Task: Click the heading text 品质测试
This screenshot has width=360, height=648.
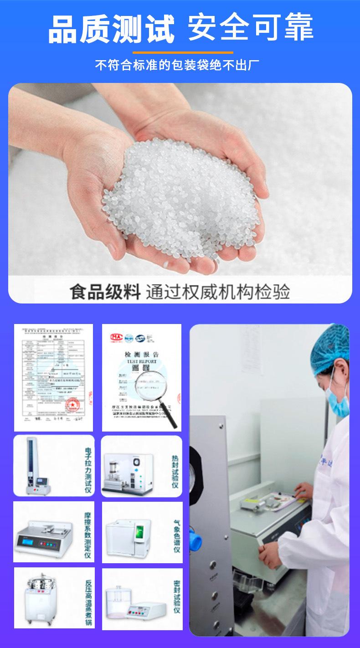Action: [x=111, y=28]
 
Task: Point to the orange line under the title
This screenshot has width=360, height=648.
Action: [x=180, y=52]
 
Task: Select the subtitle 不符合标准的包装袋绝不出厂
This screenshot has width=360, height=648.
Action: [x=180, y=65]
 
